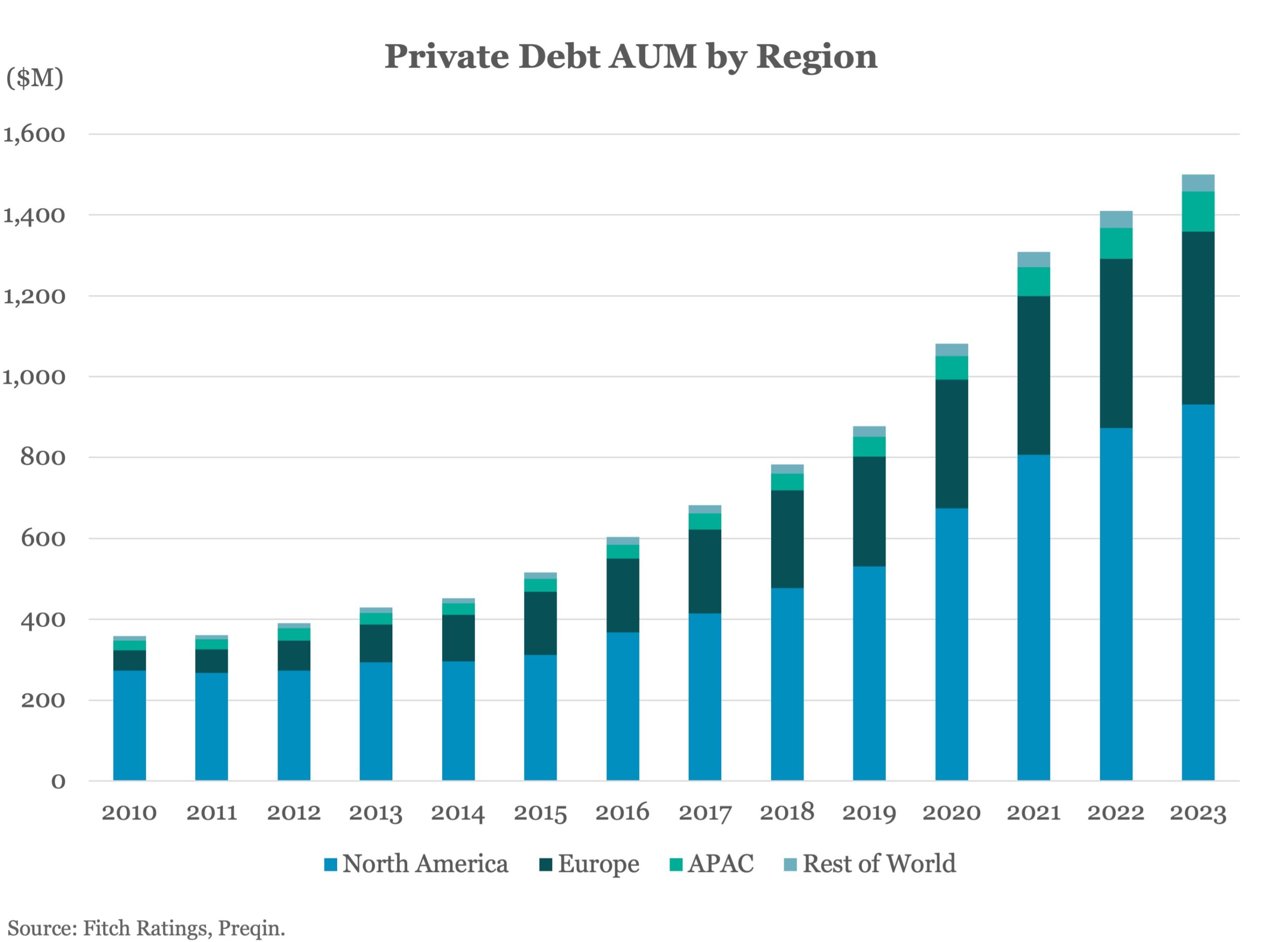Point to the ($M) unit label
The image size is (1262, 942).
click(x=35, y=78)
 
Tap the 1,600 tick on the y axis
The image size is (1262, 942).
click(x=34, y=135)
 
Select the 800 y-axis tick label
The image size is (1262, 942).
click(x=43, y=457)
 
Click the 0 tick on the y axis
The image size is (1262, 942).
click(x=58, y=781)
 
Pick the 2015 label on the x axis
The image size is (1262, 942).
click(x=540, y=813)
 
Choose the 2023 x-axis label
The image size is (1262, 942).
click(x=1197, y=813)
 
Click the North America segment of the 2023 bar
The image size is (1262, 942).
click(x=1197, y=593)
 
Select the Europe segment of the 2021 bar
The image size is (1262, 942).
click(x=1033, y=375)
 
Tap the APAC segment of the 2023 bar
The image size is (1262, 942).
click(x=1197, y=212)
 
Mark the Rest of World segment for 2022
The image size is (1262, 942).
click(x=1116, y=219)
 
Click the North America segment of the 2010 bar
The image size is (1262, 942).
click(x=129, y=725)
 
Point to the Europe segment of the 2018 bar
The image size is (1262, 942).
click(x=787, y=539)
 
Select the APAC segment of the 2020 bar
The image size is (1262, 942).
click(x=951, y=368)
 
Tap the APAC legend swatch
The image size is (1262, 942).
click(x=676, y=865)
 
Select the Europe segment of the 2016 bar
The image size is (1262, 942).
click(x=623, y=595)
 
